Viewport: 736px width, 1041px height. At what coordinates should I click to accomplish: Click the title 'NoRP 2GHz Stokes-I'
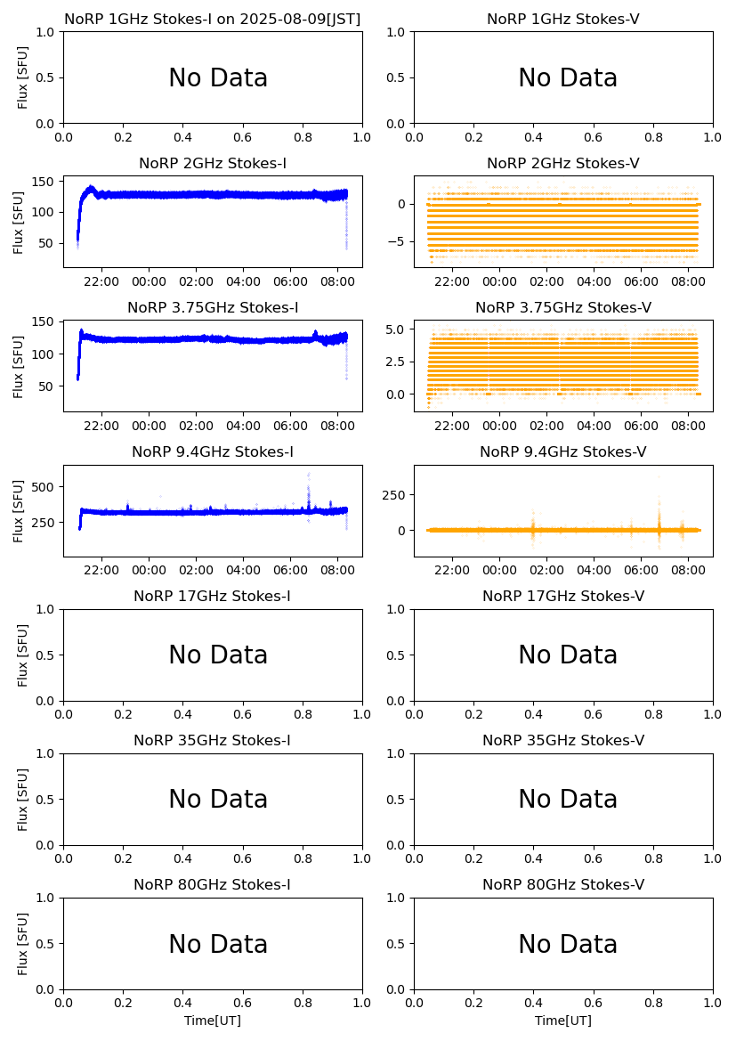coord(213,164)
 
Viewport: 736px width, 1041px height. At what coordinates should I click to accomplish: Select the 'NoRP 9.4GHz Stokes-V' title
coord(563,452)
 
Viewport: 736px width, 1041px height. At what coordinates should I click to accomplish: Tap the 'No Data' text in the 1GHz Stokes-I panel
coord(218,78)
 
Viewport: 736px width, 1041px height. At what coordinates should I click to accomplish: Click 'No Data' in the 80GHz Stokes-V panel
coord(568,945)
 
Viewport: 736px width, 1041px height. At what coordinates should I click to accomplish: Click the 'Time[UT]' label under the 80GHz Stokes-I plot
coord(213,1021)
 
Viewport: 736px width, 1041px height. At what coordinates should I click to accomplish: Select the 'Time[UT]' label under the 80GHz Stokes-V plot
coord(563,1021)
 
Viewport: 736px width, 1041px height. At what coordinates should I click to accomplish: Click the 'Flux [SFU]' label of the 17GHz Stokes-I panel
coord(23,655)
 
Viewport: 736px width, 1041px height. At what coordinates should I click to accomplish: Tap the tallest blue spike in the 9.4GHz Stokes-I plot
coord(309,476)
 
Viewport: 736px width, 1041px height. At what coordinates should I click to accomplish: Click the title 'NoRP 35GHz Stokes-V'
coord(563,741)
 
